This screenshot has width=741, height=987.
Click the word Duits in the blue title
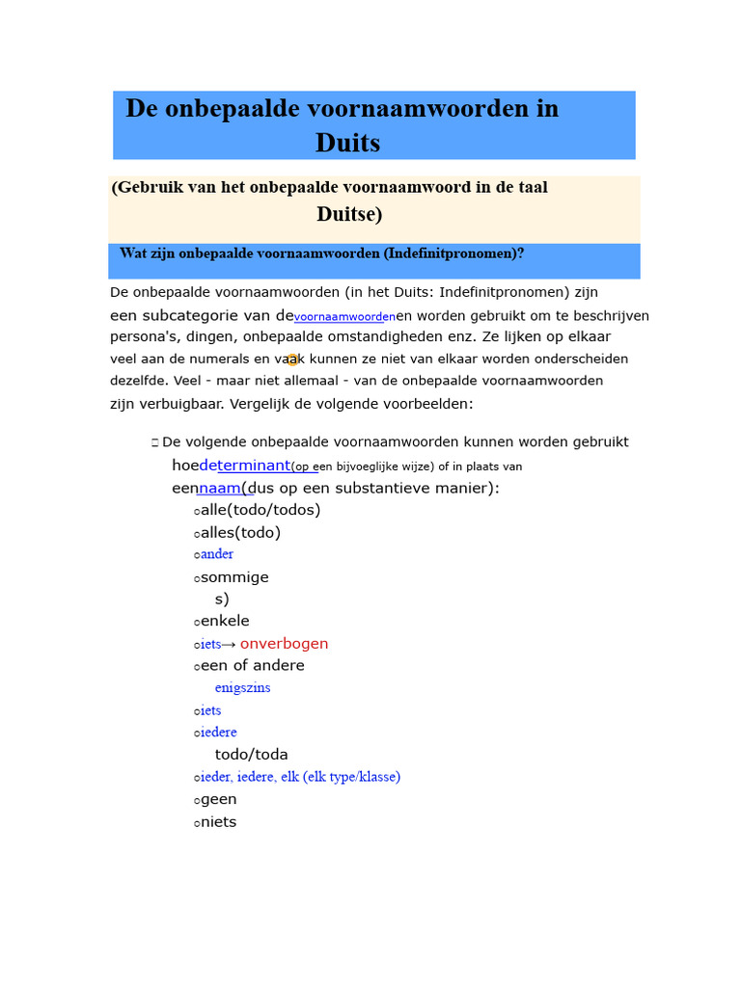(347, 143)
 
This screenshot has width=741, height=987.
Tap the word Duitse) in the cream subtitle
(349, 214)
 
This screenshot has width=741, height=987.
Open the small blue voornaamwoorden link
(344, 317)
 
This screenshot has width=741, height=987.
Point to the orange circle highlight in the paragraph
(292, 360)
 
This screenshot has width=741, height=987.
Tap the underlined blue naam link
(221, 488)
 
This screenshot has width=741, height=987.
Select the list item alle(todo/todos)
(261, 510)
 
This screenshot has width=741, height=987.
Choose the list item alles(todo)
(240, 532)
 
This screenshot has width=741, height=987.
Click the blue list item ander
(217, 554)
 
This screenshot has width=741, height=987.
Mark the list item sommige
(234, 577)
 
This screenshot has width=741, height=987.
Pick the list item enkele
(225, 621)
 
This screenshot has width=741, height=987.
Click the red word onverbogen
(284, 644)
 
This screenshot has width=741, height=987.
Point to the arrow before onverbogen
(229, 644)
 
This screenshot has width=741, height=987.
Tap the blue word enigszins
(242, 688)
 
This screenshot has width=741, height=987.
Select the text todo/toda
(251, 755)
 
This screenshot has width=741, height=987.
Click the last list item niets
(218, 822)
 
